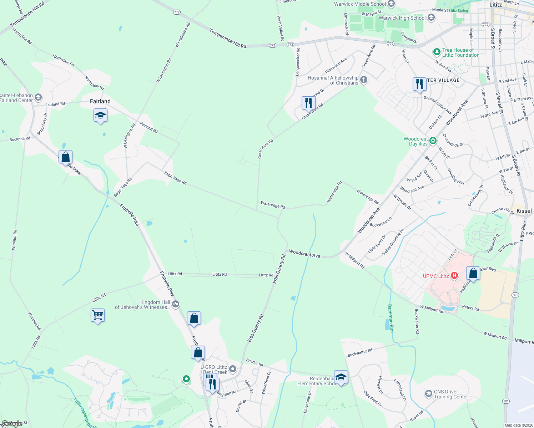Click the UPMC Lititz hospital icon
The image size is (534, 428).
[454, 275]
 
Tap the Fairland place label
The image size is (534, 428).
[100, 101]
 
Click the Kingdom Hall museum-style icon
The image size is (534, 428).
[176, 304]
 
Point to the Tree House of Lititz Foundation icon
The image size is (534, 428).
[436, 52]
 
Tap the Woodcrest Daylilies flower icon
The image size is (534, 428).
[433, 141]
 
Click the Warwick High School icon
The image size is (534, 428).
[431, 17]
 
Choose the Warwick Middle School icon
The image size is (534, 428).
[391, 4]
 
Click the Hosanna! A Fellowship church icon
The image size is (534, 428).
[363, 80]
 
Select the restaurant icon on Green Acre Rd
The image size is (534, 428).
[308, 103]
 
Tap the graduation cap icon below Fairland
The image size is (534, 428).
[100, 116]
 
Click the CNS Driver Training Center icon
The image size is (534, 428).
[428, 394]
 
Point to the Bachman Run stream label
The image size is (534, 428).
[391, 318]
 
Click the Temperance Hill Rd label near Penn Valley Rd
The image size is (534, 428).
[228, 39]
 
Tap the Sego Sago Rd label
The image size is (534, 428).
[175, 178]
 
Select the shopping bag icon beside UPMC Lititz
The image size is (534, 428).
[473, 274]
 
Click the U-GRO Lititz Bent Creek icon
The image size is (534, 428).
[233, 369]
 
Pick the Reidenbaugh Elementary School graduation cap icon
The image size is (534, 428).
[341, 377]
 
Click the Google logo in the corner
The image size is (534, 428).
[12, 424]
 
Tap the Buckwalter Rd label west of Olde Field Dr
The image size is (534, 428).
[360, 353]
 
